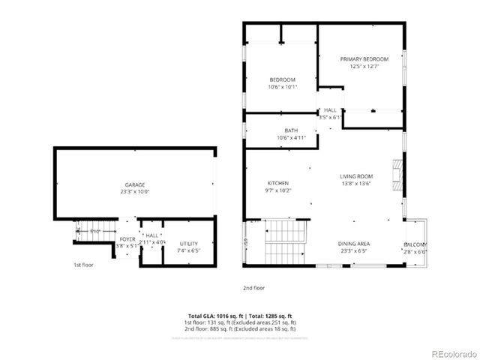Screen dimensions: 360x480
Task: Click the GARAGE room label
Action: pyautogui.click(x=135, y=184)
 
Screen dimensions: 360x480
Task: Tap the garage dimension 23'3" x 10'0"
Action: pyautogui.click(x=135, y=191)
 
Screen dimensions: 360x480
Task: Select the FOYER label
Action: pyautogui.click(x=127, y=238)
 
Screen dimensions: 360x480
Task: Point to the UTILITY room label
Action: pyautogui.click(x=189, y=243)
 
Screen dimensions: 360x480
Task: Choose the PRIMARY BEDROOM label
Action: pyautogui.click(x=364, y=59)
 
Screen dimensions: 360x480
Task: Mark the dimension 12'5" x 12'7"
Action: pyautogui.click(x=364, y=66)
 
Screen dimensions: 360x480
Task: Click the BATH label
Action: pyautogui.click(x=291, y=130)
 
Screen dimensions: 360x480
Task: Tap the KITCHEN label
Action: pyautogui.click(x=278, y=183)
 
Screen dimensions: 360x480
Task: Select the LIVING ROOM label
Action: pyautogui.click(x=356, y=176)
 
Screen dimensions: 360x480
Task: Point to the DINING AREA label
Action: pyautogui.click(x=353, y=244)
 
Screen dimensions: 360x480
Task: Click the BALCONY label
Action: pyautogui.click(x=415, y=245)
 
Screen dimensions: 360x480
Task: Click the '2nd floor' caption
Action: pyautogui.click(x=254, y=287)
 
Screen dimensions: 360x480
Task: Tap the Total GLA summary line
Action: pyautogui.click(x=240, y=316)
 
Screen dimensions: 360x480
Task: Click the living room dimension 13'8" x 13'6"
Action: pyautogui.click(x=356, y=183)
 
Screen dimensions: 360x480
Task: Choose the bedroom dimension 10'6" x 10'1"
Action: pyautogui.click(x=283, y=86)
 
